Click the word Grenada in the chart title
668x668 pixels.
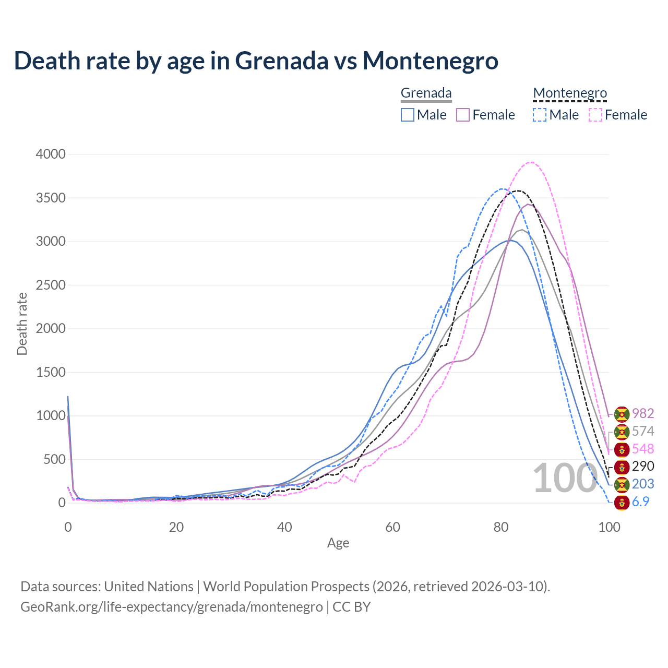(282, 61)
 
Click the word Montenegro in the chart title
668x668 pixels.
(431, 61)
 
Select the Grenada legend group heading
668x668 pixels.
(426, 93)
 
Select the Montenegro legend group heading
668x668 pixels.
(570, 93)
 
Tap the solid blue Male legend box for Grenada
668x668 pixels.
(408, 115)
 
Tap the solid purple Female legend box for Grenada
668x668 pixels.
(463, 115)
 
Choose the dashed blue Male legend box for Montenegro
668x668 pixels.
(540, 115)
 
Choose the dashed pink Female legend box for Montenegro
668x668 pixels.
(595, 115)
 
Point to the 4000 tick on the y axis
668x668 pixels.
(51, 154)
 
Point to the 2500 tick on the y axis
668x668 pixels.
(51, 285)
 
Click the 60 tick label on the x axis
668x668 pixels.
(392, 527)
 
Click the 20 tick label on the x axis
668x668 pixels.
(176, 527)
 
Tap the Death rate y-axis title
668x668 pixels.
(22, 324)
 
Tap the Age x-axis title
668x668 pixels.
(338, 543)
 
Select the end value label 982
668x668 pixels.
(643, 413)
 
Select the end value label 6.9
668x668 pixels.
(641, 502)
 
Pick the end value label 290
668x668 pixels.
(643, 466)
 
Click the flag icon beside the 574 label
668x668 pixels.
(622, 432)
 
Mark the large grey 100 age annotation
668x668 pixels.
(565, 478)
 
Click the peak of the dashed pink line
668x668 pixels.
(531, 162)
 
